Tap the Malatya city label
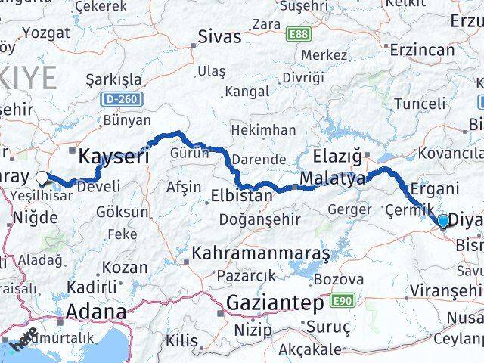[332, 179]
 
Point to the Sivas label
[219, 36]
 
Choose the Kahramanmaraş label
[261, 253]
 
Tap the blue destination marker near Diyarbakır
[442, 221]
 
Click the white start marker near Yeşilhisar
[42, 179]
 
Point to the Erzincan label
[422, 51]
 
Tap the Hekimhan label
[263, 130]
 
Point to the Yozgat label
[46, 33]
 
